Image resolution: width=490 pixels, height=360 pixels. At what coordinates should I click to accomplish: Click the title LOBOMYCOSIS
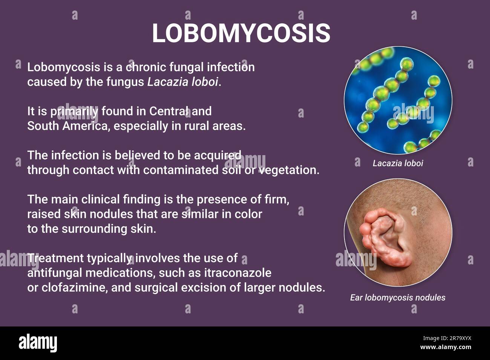pyautogui.click(x=241, y=33)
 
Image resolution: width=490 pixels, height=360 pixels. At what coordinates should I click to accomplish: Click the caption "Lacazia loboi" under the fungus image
pyautogui.click(x=398, y=163)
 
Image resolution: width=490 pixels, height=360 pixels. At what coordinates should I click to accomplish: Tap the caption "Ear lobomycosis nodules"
pyautogui.click(x=398, y=297)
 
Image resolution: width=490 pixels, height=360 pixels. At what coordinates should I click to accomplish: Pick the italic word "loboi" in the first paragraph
pyautogui.click(x=205, y=82)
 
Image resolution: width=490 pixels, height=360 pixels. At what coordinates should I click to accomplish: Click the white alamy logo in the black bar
pyautogui.click(x=38, y=343)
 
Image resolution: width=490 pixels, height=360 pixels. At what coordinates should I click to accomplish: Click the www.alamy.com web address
pyautogui.click(x=446, y=347)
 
